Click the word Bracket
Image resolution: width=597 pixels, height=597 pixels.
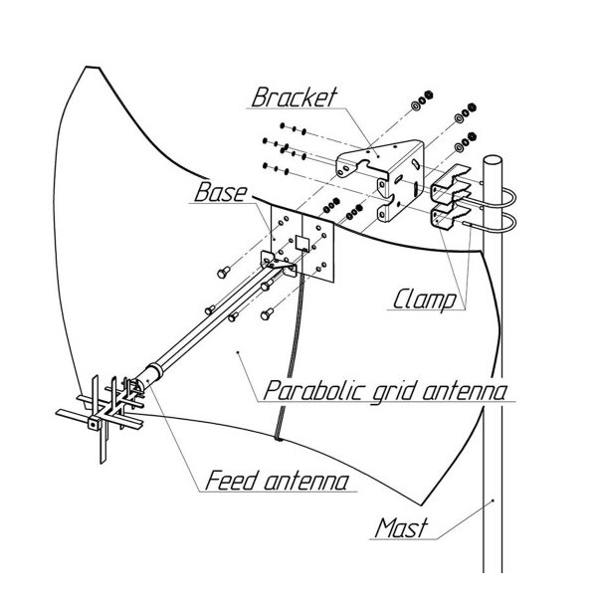295,98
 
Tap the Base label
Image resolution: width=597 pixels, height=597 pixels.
221,192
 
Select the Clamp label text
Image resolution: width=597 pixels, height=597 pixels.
424,299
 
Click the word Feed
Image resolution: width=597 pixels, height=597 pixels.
231,481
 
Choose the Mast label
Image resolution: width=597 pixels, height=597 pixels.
401,528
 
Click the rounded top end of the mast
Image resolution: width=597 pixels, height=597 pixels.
493,159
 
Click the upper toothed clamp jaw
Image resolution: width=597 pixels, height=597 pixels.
450,183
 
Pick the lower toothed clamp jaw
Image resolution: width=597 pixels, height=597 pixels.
450,215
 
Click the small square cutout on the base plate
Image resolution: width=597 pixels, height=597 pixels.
301,243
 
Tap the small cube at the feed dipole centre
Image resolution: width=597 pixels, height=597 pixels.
94,423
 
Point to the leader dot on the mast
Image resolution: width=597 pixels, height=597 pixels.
494,500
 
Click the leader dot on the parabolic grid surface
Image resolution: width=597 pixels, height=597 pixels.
238,352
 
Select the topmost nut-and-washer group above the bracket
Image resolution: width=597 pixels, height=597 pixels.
422,99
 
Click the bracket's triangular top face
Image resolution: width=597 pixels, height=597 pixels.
381,154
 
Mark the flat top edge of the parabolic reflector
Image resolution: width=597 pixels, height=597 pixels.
93,68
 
